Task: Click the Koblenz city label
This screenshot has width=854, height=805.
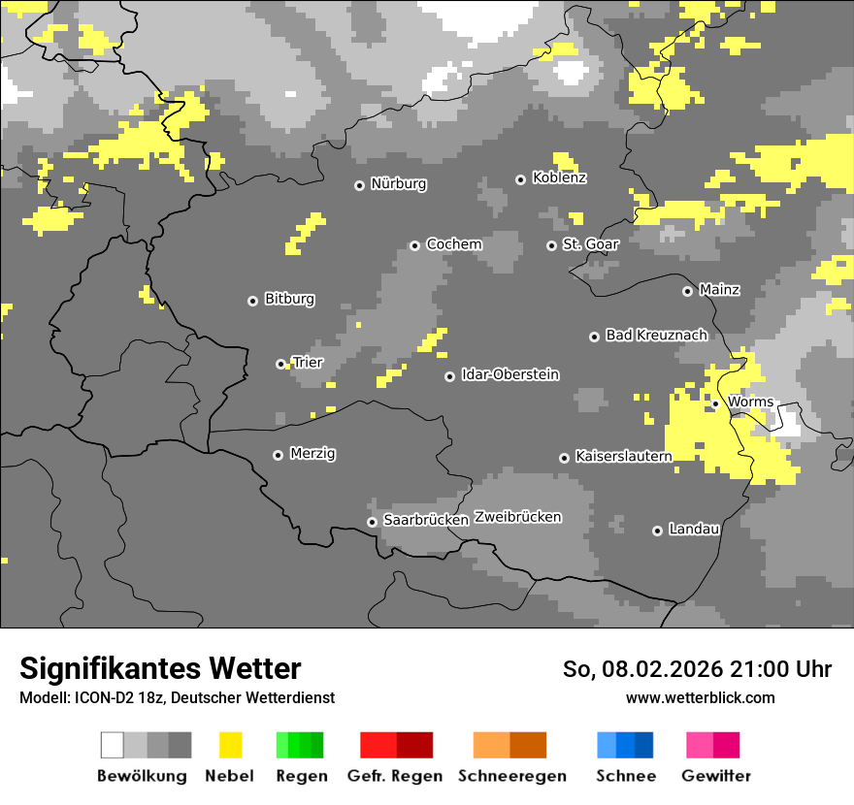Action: click(x=559, y=177)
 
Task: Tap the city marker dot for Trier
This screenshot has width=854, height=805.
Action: click(x=280, y=364)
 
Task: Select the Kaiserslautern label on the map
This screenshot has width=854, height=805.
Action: click(x=623, y=456)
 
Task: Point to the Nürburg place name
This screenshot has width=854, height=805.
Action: click(x=398, y=183)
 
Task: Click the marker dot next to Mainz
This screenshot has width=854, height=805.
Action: click(x=687, y=291)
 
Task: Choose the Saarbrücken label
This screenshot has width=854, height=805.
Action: click(x=425, y=520)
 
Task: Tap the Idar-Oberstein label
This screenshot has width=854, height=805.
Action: click(x=509, y=374)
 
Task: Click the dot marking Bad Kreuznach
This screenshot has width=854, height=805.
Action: click(x=594, y=337)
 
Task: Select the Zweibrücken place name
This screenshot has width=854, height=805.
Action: click(x=517, y=517)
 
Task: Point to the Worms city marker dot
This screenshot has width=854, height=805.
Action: click(x=715, y=403)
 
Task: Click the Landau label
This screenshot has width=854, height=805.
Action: click(x=694, y=529)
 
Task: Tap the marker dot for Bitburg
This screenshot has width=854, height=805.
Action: click(x=252, y=301)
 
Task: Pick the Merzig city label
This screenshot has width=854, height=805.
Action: click(x=312, y=453)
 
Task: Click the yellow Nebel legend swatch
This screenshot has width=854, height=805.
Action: click(x=230, y=745)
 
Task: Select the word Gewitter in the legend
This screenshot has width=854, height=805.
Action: click(x=715, y=776)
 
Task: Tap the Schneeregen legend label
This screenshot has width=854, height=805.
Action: click(x=511, y=776)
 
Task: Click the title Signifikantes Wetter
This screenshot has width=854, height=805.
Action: click(x=160, y=669)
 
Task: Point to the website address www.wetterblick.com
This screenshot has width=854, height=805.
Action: click(x=700, y=698)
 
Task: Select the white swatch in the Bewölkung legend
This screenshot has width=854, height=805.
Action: click(x=113, y=745)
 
